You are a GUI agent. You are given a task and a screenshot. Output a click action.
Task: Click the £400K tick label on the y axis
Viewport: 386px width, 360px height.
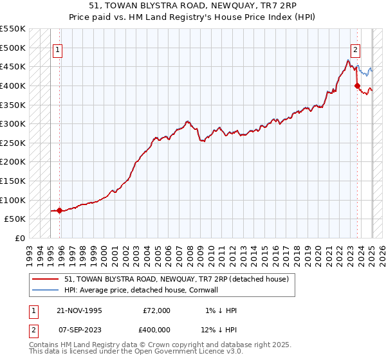click(x=13, y=85)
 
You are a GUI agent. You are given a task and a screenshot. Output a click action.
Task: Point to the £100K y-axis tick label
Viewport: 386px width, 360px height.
click(x=13, y=200)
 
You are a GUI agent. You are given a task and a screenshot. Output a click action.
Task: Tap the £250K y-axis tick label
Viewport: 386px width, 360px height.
click(x=13, y=143)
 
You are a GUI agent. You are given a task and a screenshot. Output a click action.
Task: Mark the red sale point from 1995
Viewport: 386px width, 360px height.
click(x=60, y=210)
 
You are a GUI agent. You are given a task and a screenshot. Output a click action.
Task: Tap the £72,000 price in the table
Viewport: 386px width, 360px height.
click(x=156, y=310)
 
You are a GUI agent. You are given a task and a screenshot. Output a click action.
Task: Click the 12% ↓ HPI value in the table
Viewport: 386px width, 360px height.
click(x=219, y=330)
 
